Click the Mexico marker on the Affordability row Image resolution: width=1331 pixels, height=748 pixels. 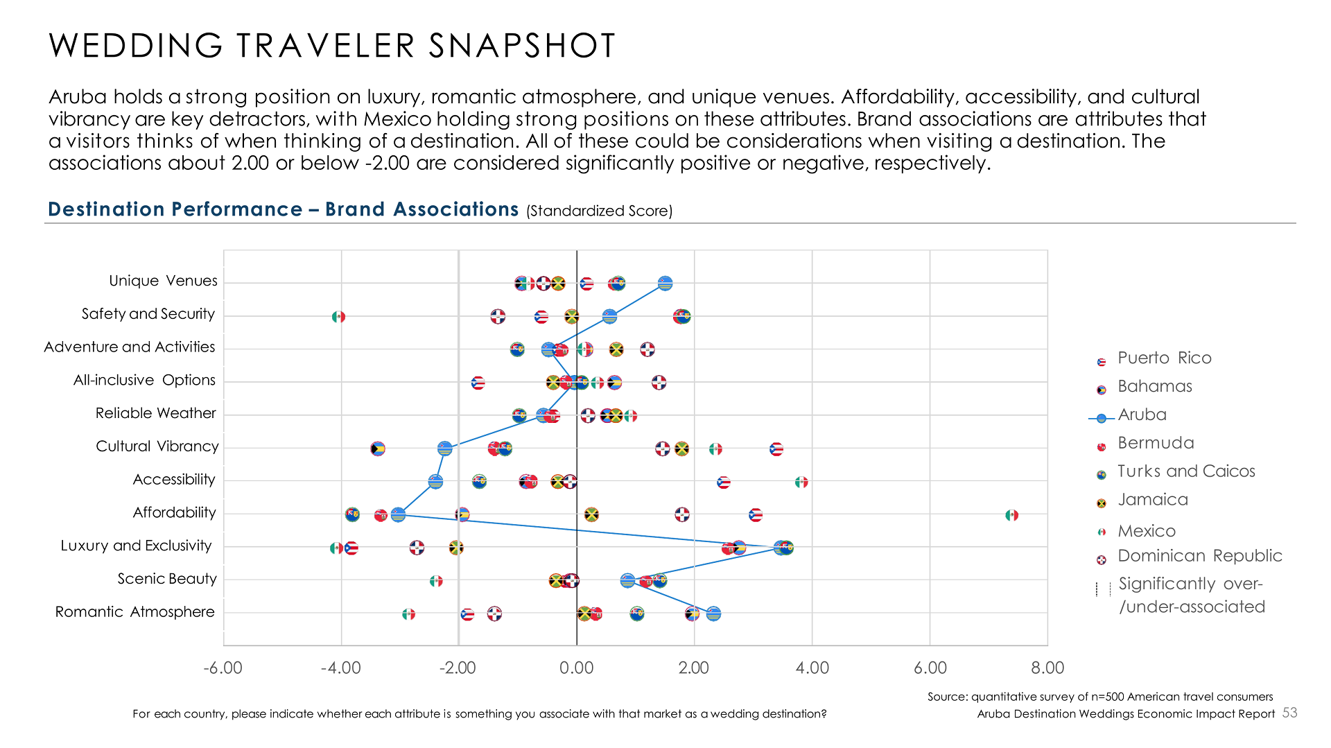pos(1011,515)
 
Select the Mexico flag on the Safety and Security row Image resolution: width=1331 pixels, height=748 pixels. pos(338,317)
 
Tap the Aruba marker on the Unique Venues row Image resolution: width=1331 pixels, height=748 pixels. pos(665,284)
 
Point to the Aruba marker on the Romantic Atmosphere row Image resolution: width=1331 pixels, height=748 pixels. pos(713,614)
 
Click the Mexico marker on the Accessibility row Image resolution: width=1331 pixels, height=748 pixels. pos(801,482)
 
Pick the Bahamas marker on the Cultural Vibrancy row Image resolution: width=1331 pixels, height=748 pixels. pos(377,449)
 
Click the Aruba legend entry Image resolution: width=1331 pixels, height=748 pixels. pos(1142,415)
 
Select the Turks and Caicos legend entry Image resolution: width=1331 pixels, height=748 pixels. pos(1185,471)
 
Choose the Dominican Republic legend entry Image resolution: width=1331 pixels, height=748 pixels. pos(1199,556)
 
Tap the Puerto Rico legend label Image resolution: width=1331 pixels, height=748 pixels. pos(1164,358)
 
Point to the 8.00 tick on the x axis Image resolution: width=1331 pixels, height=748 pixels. pos(1047,668)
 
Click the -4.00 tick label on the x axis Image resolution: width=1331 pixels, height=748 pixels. pos(340,668)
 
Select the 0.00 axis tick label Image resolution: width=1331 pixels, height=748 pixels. pos(576,668)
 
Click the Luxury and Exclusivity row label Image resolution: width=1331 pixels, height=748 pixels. pos(136,546)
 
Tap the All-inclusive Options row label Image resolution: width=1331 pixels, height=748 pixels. pos(144,380)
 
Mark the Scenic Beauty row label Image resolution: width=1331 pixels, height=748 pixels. pos(166,579)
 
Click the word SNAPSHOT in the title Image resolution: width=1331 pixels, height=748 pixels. pos(521,46)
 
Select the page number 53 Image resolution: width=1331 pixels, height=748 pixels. pos(1289,713)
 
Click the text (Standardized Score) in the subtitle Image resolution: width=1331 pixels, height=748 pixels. pos(599,211)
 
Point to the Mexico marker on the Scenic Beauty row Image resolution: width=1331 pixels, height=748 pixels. pos(436,581)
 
